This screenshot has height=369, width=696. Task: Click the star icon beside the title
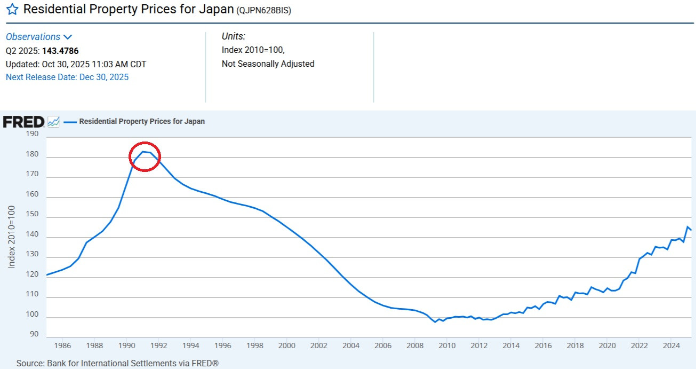(12, 10)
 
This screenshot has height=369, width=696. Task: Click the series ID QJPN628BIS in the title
(264, 10)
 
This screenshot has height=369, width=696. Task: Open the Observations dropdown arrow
(67, 37)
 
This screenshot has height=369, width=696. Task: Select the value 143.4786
(60, 51)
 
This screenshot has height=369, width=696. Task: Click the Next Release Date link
(67, 77)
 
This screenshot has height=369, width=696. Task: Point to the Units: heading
(234, 36)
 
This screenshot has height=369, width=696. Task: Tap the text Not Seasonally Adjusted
(268, 64)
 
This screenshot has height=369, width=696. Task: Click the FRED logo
(23, 122)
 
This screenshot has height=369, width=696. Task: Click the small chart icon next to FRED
(53, 122)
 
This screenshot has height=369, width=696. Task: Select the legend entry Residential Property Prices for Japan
(142, 121)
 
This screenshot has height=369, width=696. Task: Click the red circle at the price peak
(145, 156)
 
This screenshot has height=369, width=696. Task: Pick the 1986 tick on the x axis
(62, 346)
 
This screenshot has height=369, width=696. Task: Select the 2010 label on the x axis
(447, 346)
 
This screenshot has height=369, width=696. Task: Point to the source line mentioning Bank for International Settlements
(117, 363)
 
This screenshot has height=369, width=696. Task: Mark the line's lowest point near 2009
(435, 322)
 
